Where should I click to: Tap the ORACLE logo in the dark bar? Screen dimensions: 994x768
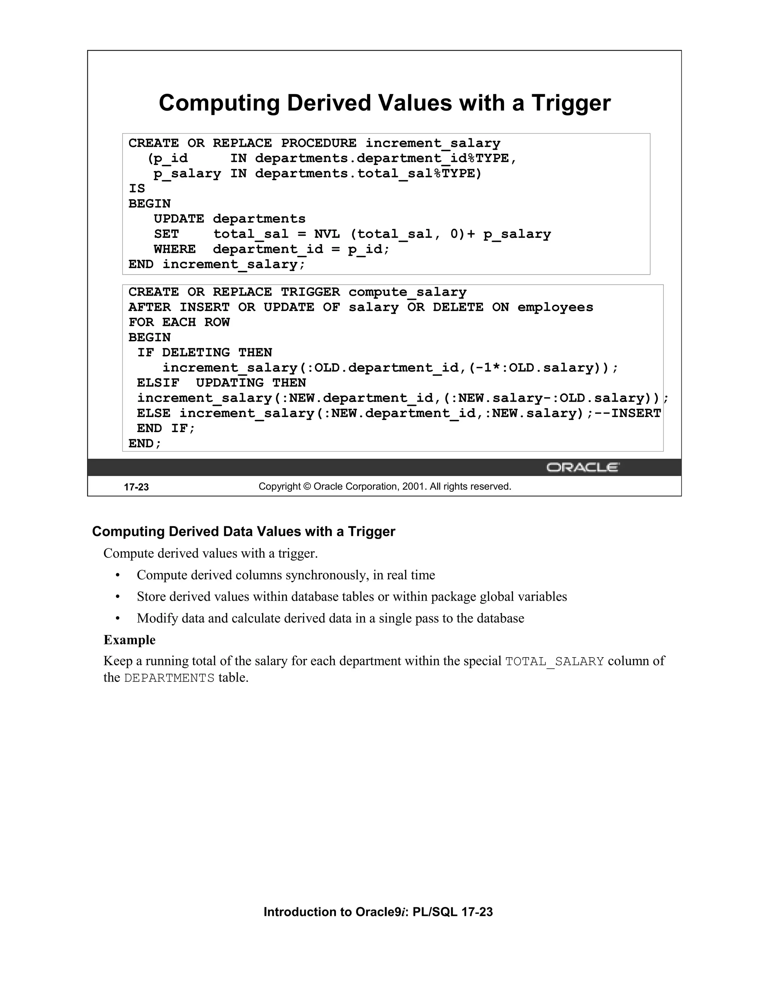click(582, 467)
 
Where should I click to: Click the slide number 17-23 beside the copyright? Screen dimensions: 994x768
click(136, 487)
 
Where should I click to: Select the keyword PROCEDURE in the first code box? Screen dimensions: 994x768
click(318, 143)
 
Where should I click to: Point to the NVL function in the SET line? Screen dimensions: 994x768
click(327, 234)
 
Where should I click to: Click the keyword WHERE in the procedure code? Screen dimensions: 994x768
click(175, 249)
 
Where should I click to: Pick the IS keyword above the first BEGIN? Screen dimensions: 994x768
click(136, 188)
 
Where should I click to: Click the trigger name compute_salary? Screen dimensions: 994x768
click(407, 292)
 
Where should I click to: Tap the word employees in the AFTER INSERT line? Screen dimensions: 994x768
click(555, 307)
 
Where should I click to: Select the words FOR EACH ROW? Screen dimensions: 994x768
click(179, 322)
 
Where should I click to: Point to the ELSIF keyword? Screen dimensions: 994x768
click(158, 383)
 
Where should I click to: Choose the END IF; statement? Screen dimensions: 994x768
click(166, 428)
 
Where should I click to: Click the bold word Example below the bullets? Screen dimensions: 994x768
click(130, 640)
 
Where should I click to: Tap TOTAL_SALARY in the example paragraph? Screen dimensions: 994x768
click(554, 661)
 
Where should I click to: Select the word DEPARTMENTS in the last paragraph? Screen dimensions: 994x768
click(169, 678)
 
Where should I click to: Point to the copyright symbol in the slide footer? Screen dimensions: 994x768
click(307, 486)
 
